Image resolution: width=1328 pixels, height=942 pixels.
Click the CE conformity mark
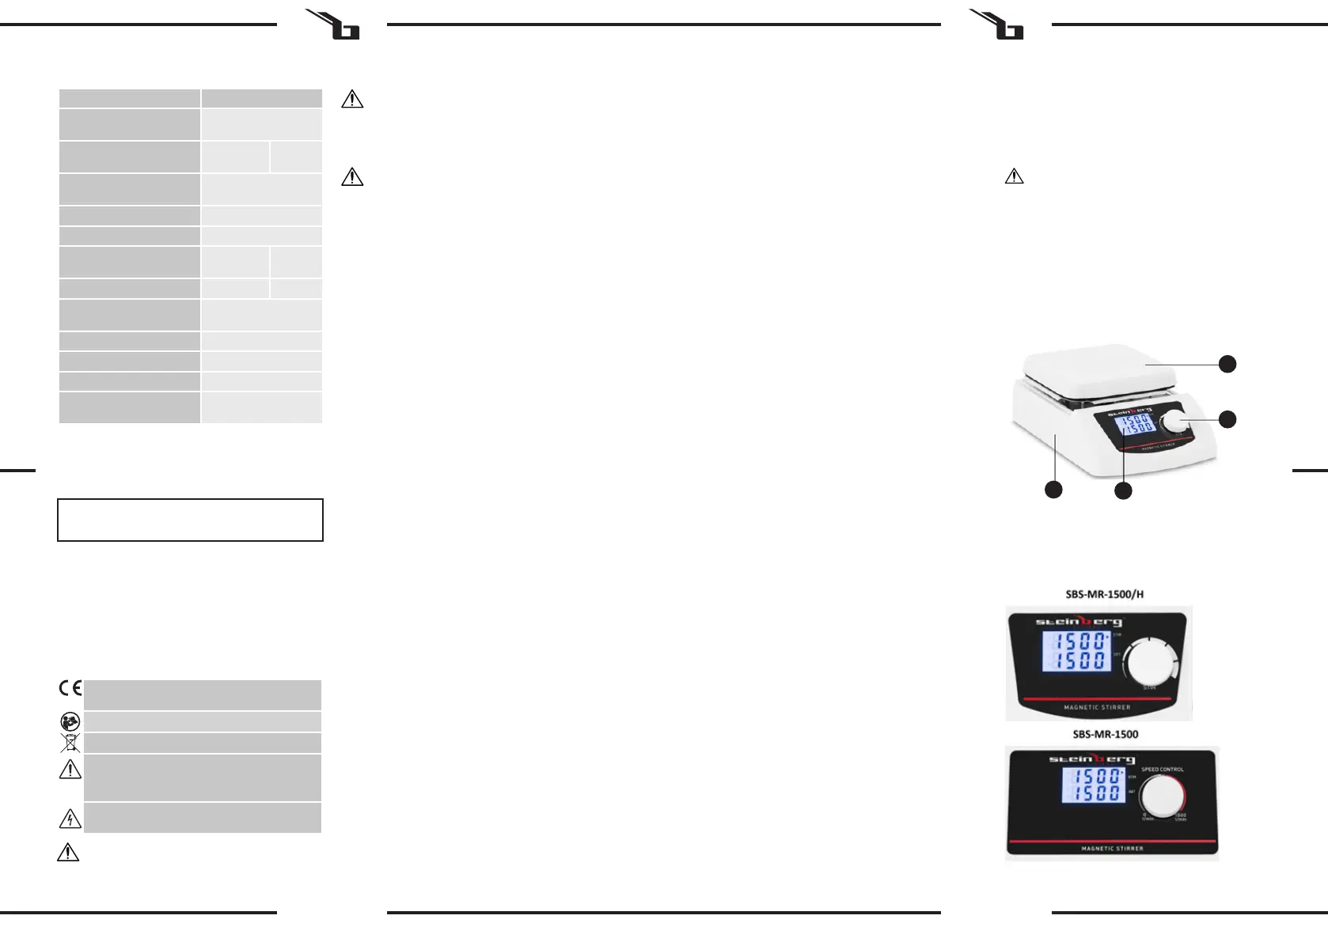click(x=70, y=688)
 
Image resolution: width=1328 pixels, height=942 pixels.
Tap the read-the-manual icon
click(x=70, y=721)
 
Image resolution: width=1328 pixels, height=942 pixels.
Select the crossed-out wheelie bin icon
click(x=70, y=743)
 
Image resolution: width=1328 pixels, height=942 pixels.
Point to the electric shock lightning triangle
click(x=70, y=819)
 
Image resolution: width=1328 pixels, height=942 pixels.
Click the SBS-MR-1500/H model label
click(x=1104, y=594)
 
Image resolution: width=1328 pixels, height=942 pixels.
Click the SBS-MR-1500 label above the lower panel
click(x=1105, y=734)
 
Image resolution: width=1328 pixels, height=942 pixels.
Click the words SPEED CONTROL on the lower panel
click(x=1162, y=770)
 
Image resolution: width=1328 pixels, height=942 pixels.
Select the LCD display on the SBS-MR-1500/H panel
click(x=1076, y=651)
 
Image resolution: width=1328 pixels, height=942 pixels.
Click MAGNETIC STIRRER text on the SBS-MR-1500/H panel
click(x=1097, y=707)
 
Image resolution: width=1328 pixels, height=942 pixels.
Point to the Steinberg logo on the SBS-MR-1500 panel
click(x=1091, y=759)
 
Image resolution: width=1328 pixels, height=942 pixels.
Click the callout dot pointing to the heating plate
click(x=1227, y=364)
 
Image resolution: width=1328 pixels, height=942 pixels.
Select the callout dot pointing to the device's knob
click(x=1227, y=419)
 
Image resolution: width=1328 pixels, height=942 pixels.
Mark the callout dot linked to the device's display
click(x=1122, y=490)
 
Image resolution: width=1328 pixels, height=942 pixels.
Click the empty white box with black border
click(x=190, y=520)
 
